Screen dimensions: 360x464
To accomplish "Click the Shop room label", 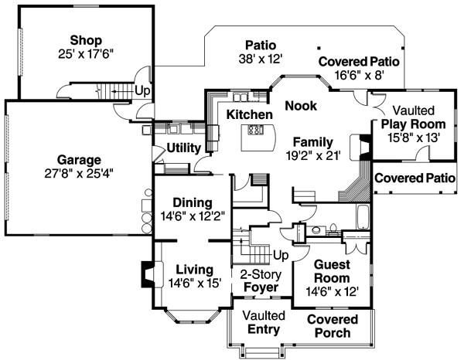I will tap(85, 39).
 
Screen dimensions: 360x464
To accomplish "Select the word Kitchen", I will tap(249, 114).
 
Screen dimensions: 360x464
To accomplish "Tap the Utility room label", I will tap(184, 147).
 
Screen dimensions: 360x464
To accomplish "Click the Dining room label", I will tap(192, 203).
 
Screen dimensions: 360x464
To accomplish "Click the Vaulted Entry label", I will tap(264, 322).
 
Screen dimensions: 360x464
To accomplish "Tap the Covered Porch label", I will tap(332, 326).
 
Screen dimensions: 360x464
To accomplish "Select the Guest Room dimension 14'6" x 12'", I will tap(332, 291).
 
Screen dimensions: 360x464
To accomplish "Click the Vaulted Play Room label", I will tap(413, 117).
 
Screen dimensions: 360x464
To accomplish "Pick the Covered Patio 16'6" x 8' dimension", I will tap(359, 76).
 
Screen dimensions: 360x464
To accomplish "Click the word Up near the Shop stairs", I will tap(142, 91).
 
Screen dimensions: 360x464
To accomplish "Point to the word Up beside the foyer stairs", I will tap(281, 254).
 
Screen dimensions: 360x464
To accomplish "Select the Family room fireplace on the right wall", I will tap(357, 147).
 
